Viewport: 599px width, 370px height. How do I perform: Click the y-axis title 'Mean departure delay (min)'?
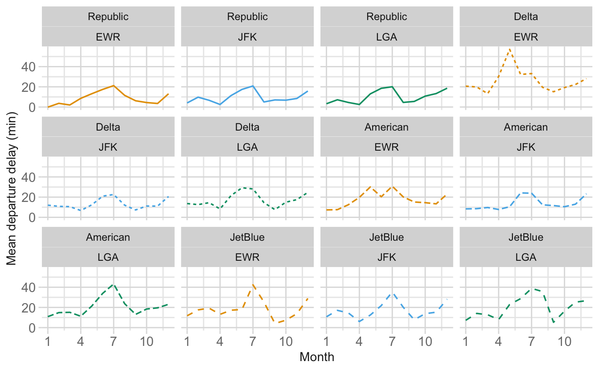point(12,189)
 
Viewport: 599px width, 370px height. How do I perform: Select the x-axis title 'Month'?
point(317,357)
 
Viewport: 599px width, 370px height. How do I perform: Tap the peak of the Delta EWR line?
point(510,49)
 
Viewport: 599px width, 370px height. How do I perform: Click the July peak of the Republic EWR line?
point(114,86)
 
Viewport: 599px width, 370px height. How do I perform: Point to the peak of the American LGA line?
point(114,285)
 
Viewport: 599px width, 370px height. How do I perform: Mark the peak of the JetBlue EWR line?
point(253,285)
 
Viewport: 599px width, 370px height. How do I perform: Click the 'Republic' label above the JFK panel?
point(247,16)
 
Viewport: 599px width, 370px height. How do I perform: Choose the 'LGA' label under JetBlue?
point(526,257)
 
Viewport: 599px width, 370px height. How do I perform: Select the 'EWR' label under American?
point(386,147)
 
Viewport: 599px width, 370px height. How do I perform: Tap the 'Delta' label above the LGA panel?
point(247,127)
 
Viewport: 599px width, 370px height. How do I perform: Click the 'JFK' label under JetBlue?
point(386,257)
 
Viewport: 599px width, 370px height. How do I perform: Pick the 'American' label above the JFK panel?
point(526,127)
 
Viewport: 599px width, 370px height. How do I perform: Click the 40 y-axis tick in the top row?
point(29,66)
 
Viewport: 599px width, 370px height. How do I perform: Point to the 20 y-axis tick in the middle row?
point(29,197)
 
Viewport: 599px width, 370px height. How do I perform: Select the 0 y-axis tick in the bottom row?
point(32,328)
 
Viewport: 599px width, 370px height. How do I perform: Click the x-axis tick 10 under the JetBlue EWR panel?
point(286,341)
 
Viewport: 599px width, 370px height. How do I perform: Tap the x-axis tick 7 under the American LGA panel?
point(114,341)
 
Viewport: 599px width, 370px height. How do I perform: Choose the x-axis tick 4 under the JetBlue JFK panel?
point(359,341)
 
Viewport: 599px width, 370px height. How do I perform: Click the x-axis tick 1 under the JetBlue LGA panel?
point(466,341)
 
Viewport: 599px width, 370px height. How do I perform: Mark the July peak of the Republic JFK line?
point(253,86)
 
